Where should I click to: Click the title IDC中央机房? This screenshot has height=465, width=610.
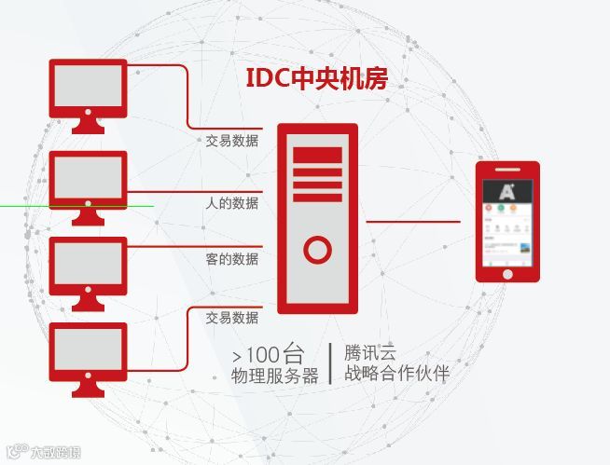316,79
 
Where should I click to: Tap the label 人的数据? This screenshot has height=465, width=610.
232,203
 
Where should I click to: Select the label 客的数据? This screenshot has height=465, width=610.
232,259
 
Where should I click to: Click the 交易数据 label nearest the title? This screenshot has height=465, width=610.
232,142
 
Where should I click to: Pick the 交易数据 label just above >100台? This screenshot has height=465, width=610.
232,318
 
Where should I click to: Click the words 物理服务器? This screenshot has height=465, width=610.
275,376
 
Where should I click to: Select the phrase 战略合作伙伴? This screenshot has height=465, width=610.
396,375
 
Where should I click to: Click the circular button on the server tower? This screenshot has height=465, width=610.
317,250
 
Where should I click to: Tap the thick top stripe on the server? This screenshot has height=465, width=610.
317,155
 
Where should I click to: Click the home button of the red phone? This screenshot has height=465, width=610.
507,274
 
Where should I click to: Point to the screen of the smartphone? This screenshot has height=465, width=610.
507,220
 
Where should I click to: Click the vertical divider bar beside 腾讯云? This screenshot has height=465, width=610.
331,364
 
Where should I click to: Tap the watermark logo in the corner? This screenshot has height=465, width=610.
43,453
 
